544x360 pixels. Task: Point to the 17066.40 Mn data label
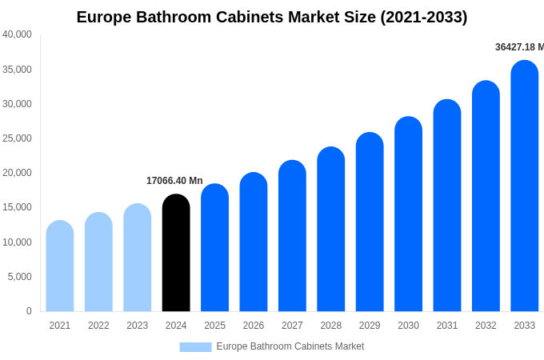tap(174, 181)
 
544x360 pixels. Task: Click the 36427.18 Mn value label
tap(518, 47)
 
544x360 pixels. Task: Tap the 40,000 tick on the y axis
tap(18, 34)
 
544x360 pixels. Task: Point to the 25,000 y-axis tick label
tap(18, 138)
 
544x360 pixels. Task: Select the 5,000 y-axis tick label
tap(20, 277)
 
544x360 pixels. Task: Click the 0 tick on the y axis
tap(29, 311)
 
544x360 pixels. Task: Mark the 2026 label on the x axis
tap(254, 326)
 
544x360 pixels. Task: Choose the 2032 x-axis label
tap(486, 326)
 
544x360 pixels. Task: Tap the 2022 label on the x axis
tap(98, 326)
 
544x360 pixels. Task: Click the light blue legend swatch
tap(195, 347)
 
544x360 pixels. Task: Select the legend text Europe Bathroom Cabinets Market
tap(290, 346)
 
